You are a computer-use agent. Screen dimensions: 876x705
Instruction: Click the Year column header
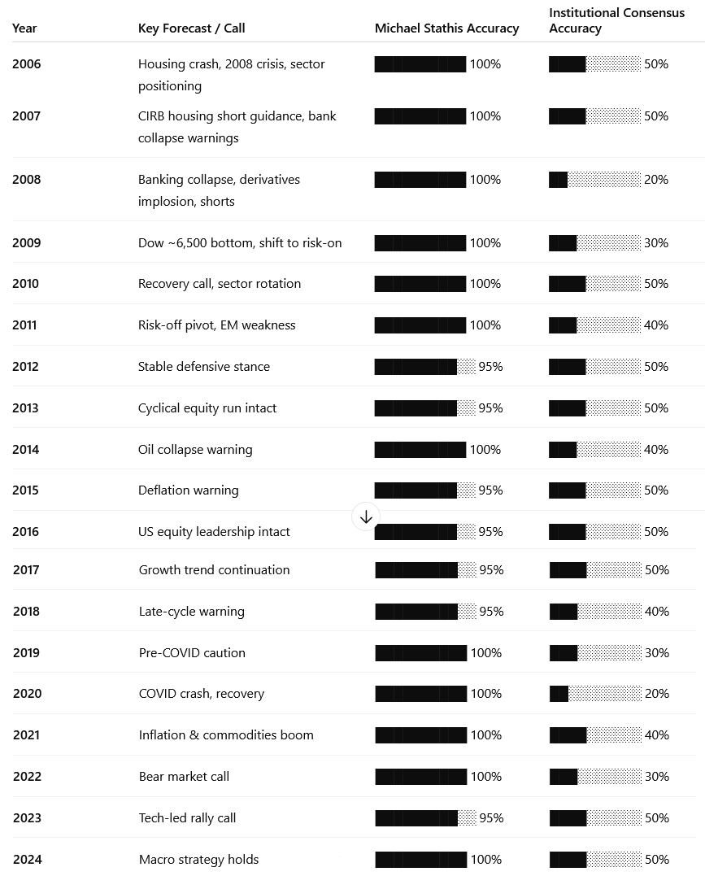point(24,28)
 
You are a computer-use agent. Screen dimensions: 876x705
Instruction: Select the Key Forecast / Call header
point(191,28)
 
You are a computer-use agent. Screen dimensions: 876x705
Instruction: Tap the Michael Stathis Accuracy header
point(446,28)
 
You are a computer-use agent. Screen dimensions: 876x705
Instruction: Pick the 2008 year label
point(26,180)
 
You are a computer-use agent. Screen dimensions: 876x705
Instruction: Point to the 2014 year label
point(26,450)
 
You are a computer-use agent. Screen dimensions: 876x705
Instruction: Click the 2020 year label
point(27,694)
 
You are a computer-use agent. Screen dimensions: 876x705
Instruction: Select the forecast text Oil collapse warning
point(195,450)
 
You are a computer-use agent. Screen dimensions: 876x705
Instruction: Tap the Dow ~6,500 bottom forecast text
point(240,243)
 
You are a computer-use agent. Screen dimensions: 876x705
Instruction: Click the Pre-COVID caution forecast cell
point(192,653)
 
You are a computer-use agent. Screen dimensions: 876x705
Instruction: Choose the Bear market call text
point(184,777)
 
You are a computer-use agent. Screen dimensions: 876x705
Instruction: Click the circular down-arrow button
point(366,516)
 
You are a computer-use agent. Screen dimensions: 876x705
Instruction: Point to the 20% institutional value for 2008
point(656,180)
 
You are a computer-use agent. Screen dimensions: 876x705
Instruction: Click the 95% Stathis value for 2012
point(490,367)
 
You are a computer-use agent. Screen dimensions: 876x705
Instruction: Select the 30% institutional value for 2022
point(657,777)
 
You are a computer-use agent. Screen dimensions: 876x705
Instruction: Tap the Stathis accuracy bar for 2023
point(425,818)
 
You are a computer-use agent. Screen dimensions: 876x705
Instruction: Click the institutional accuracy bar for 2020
point(595,694)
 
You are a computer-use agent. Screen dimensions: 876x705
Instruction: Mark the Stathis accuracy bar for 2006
point(420,64)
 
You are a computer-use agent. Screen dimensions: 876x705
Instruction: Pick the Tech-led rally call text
point(187,818)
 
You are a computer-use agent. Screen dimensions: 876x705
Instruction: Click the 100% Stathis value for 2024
point(486,860)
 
